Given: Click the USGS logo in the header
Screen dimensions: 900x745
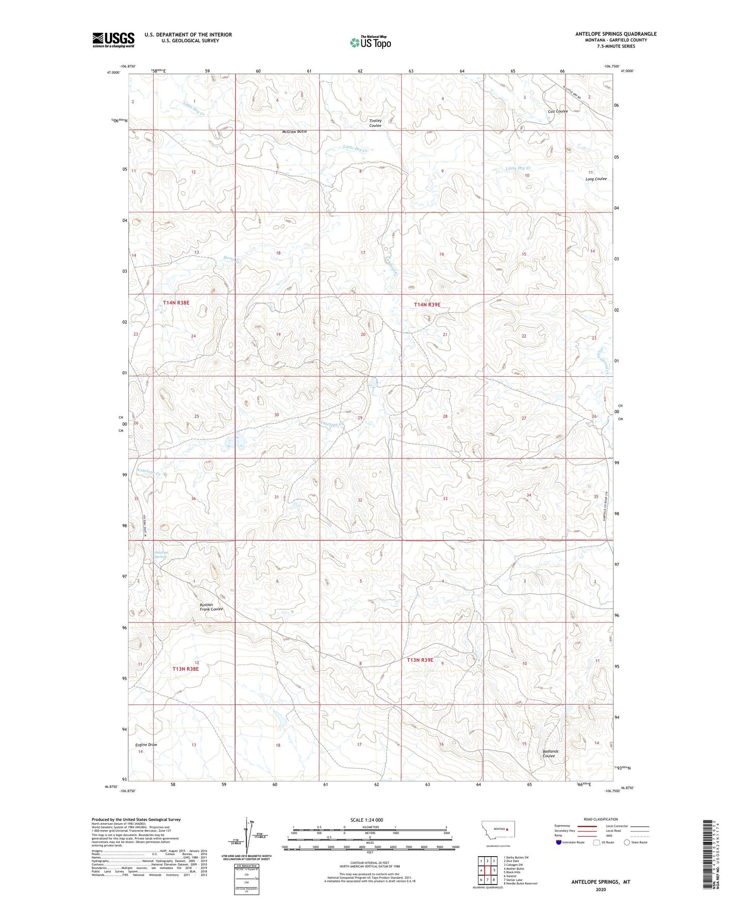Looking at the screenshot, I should [x=113, y=40].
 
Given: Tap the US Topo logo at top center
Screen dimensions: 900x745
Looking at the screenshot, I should [x=370, y=42].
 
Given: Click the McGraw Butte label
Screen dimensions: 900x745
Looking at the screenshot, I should [x=294, y=131].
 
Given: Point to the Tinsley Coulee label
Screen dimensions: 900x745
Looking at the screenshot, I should [x=375, y=123].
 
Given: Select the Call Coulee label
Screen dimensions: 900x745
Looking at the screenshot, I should [x=558, y=111].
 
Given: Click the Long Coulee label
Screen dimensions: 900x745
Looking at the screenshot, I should [x=596, y=179].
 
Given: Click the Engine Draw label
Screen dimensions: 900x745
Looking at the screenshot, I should [x=146, y=745].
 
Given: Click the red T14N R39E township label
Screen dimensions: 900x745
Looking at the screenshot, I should [x=427, y=305].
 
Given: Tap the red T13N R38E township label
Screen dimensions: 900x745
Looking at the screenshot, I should [x=185, y=669].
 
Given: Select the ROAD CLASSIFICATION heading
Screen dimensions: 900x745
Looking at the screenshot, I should [x=601, y=819].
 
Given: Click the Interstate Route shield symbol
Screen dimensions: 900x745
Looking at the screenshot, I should [x=559, y=842].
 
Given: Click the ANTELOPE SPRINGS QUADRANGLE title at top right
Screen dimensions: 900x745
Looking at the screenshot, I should [x=616, y=34].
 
